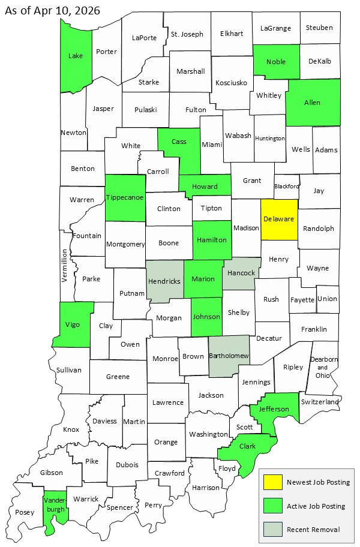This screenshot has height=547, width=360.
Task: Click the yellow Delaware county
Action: [279, 220]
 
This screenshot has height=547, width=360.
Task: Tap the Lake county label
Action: [76, 56]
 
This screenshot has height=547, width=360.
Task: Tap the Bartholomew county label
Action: [229, 356]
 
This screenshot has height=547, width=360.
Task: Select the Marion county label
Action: [203, 279]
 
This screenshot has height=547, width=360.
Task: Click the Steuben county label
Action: [319, 28]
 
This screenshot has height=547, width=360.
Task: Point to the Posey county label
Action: [24, 512]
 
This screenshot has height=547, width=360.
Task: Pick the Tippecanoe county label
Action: [125, 197]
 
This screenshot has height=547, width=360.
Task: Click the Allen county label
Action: [312, 103]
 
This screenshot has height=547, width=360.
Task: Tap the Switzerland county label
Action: [320, 401]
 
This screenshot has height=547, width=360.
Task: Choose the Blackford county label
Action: [286, 187]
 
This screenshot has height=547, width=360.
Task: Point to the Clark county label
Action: [247, 446]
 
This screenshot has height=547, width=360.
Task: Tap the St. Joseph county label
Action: [187, 34]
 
